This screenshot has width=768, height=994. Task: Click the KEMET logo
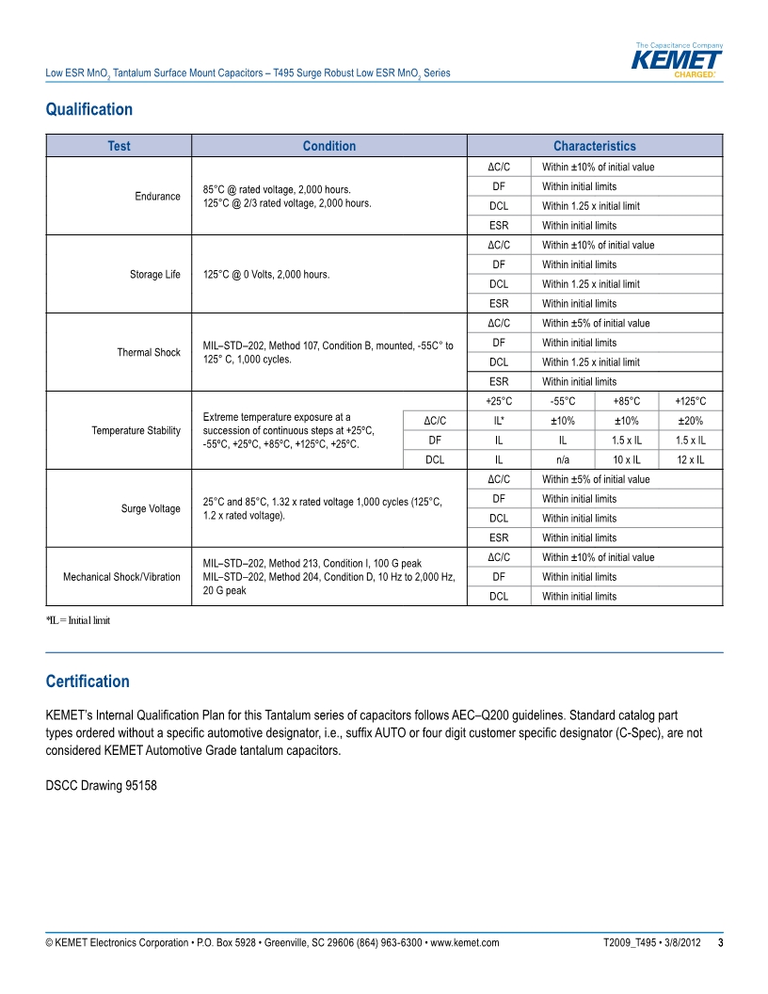[x=678, y=61]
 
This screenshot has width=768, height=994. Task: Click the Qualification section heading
[x=89, y=109]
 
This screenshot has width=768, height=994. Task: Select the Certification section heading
[x=88, y=681]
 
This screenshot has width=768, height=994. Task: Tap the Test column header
[x=119, y=146]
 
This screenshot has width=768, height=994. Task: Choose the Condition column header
[x=329, y=146]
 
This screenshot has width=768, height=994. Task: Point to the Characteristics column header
[x=594, y=146]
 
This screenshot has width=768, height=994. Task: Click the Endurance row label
[x=157, y=196]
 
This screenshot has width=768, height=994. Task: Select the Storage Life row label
[x=154, y=275]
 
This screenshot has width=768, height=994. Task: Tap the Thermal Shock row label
[x=148, y=352]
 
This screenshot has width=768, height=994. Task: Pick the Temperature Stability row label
[x=136, y=430]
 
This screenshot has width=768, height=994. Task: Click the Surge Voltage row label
[x=151, y=508]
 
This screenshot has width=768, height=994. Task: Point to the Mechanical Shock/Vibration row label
[x=121, y=576]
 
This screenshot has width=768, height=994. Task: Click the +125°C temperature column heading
[x=690, y=401]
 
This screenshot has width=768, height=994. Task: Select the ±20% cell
[x=690, y=421]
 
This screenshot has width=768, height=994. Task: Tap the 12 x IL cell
[x=690, y=459]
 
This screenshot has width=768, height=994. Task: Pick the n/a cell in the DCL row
[x=563, y=459]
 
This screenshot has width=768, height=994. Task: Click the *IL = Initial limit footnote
[x=78, y=620]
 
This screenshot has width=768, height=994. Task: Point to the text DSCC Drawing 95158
[x=102, y=784]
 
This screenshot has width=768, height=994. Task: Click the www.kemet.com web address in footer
[x=464, y=942]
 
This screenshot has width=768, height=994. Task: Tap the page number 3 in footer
[x=720, y=942]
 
